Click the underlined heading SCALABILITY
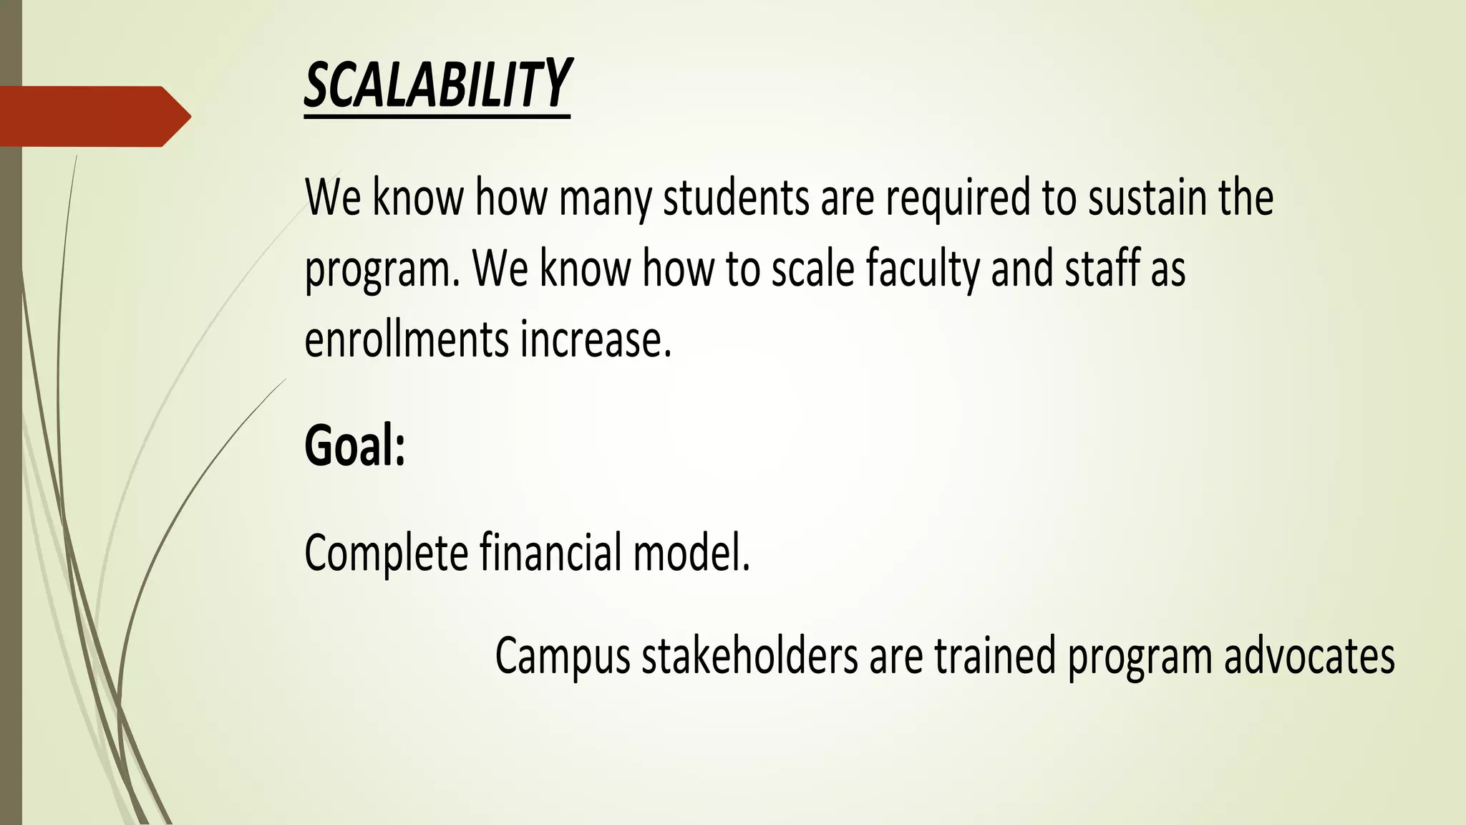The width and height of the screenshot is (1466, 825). coord(437,85)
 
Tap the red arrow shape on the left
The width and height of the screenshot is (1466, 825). coord(93,116)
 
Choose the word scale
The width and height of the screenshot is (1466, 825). coord(812,269)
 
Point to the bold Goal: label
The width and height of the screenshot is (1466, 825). coord(355,445)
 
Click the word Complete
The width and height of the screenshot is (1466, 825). coord(386,554)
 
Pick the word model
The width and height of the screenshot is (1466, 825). coord(691,552)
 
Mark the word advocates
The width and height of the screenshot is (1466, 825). coord(1309,655)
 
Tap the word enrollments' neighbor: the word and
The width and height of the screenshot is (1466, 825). coord(1022,269)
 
